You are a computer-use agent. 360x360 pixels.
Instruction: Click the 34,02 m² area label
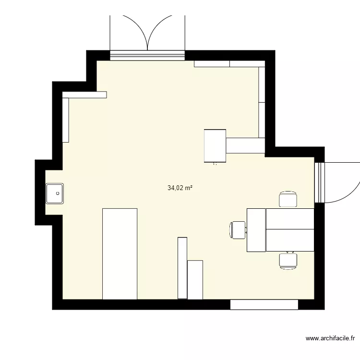click(180, 188)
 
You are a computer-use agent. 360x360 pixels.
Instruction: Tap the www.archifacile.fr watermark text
click(332, 338)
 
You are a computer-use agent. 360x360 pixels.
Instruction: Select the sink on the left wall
click(55, 193)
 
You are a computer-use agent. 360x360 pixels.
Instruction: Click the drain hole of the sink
click(58, 193)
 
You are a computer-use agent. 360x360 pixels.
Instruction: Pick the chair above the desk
click(288, 199)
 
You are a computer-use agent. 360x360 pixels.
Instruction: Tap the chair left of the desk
click(238, 229)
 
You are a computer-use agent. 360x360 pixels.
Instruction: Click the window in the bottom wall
click(264, 304)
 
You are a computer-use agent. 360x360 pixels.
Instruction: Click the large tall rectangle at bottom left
click(120, 253)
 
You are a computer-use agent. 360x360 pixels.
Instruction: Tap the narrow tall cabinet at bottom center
click(182, 267)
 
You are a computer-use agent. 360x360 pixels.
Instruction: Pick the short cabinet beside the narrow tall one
click(195, 279)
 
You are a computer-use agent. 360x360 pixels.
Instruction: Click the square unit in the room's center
click(215, 146)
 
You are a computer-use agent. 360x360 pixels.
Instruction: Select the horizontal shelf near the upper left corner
click(84, 95)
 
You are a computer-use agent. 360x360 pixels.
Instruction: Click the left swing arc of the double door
click(135, 29)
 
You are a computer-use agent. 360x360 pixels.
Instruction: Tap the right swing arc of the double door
click(160, 29)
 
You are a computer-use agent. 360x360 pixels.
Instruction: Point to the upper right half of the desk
click(290, 218)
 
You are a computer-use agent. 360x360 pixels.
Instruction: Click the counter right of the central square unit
click(246, 145)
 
